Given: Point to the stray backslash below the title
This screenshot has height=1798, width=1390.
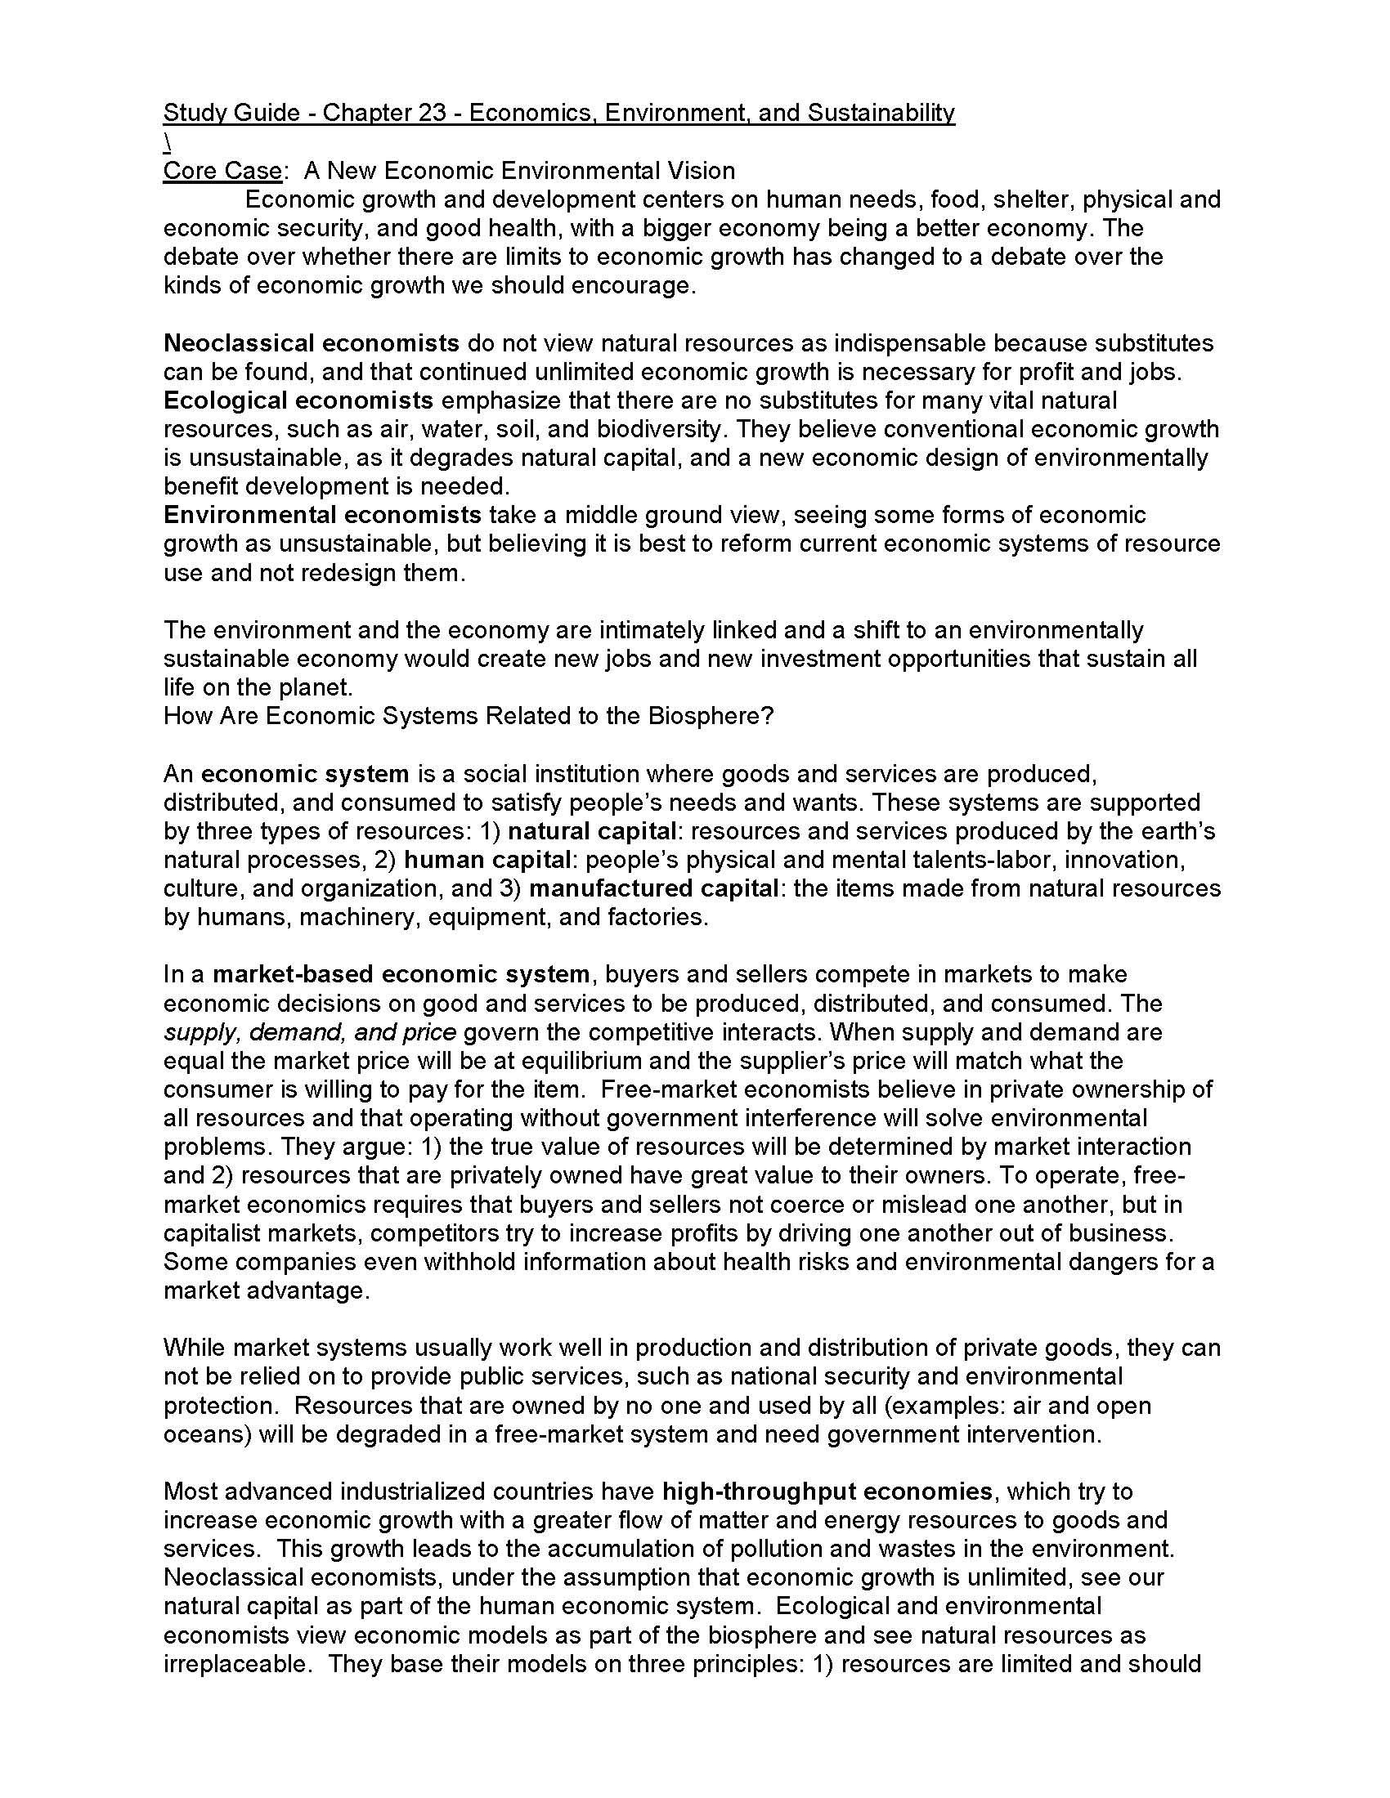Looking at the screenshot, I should click(x=167, y=141).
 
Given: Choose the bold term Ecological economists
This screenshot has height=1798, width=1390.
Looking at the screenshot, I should click(x=298, y=400).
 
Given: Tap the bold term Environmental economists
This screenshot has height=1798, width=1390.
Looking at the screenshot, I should click(x=322, y=515).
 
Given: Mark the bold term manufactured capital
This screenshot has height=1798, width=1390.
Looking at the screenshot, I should click(x=654, y=888).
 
